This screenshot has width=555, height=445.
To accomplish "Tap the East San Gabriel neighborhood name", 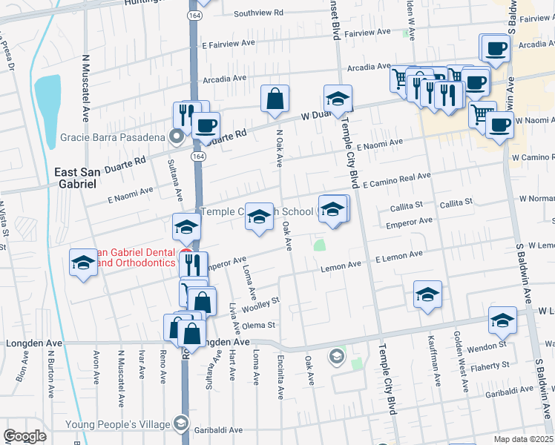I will [x=76, y=177].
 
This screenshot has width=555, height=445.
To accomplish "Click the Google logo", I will [x=24, y=436].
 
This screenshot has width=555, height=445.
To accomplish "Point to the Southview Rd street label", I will [x=259, y=13].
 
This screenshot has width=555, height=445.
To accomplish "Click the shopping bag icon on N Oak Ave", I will [x=275, y=98].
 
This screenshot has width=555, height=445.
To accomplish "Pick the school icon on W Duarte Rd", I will [x=338, y=99].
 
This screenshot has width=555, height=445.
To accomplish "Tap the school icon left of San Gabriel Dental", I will [x=83, y=263].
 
